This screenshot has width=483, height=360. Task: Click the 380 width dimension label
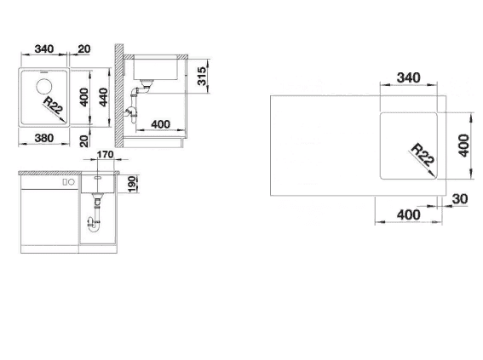click(44, 138)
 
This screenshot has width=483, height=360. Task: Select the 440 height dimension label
click(104, 97)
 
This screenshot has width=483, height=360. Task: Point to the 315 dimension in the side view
click(201, 77)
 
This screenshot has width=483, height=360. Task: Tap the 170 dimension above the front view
click(106, 154)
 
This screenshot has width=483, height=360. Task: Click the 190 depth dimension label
click(132, 185)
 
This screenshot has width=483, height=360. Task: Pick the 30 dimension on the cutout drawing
click(460, 199)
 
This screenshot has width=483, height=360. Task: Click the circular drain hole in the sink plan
click(43, 86)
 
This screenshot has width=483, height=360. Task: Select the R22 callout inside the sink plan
click(54, 105)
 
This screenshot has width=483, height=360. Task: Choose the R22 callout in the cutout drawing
click(423, 155)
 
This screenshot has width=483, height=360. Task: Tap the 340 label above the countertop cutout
click(408, 77)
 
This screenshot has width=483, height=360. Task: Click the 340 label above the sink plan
click(44, 49)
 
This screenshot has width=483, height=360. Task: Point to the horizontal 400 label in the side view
click(160, 124)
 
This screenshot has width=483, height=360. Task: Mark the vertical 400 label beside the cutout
click(464, 146)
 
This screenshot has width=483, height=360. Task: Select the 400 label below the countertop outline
click(408, 214)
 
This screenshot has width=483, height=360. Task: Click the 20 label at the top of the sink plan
click(83, 49)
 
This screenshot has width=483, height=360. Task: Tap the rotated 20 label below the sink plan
click(83, 141)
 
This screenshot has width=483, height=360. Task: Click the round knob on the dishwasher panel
click(72, 182)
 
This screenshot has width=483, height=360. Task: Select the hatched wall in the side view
click(119, 95)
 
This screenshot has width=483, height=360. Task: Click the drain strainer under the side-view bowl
click(147, 83)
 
